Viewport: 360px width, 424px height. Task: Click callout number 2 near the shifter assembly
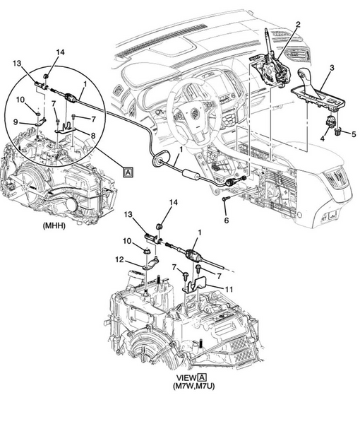(x=298, y=25)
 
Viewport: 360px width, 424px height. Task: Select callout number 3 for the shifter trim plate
(x=332, y=68)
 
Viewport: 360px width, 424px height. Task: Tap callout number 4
(x=323, y=139)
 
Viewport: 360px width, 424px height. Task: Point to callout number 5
(x=354, y=134)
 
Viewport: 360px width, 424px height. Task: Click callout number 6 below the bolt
(x=227, y=220)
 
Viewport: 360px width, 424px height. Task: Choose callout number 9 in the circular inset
(x=16, y=122)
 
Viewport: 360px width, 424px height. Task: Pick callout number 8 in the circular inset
(x=93, y=136)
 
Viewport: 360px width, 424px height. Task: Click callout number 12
(x=119, y=260)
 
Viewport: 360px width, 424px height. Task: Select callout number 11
(x=229, y=290)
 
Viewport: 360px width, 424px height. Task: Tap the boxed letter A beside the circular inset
(x=128, y=172)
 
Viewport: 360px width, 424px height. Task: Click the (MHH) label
(x=54, y=226)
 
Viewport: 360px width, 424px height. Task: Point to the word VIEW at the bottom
(x=186, y=378)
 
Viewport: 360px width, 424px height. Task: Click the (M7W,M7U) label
(x=194, y=386)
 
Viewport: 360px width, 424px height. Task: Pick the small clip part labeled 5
(x=337, y=131)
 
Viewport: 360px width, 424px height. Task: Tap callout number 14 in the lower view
(x=173, y=202)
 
